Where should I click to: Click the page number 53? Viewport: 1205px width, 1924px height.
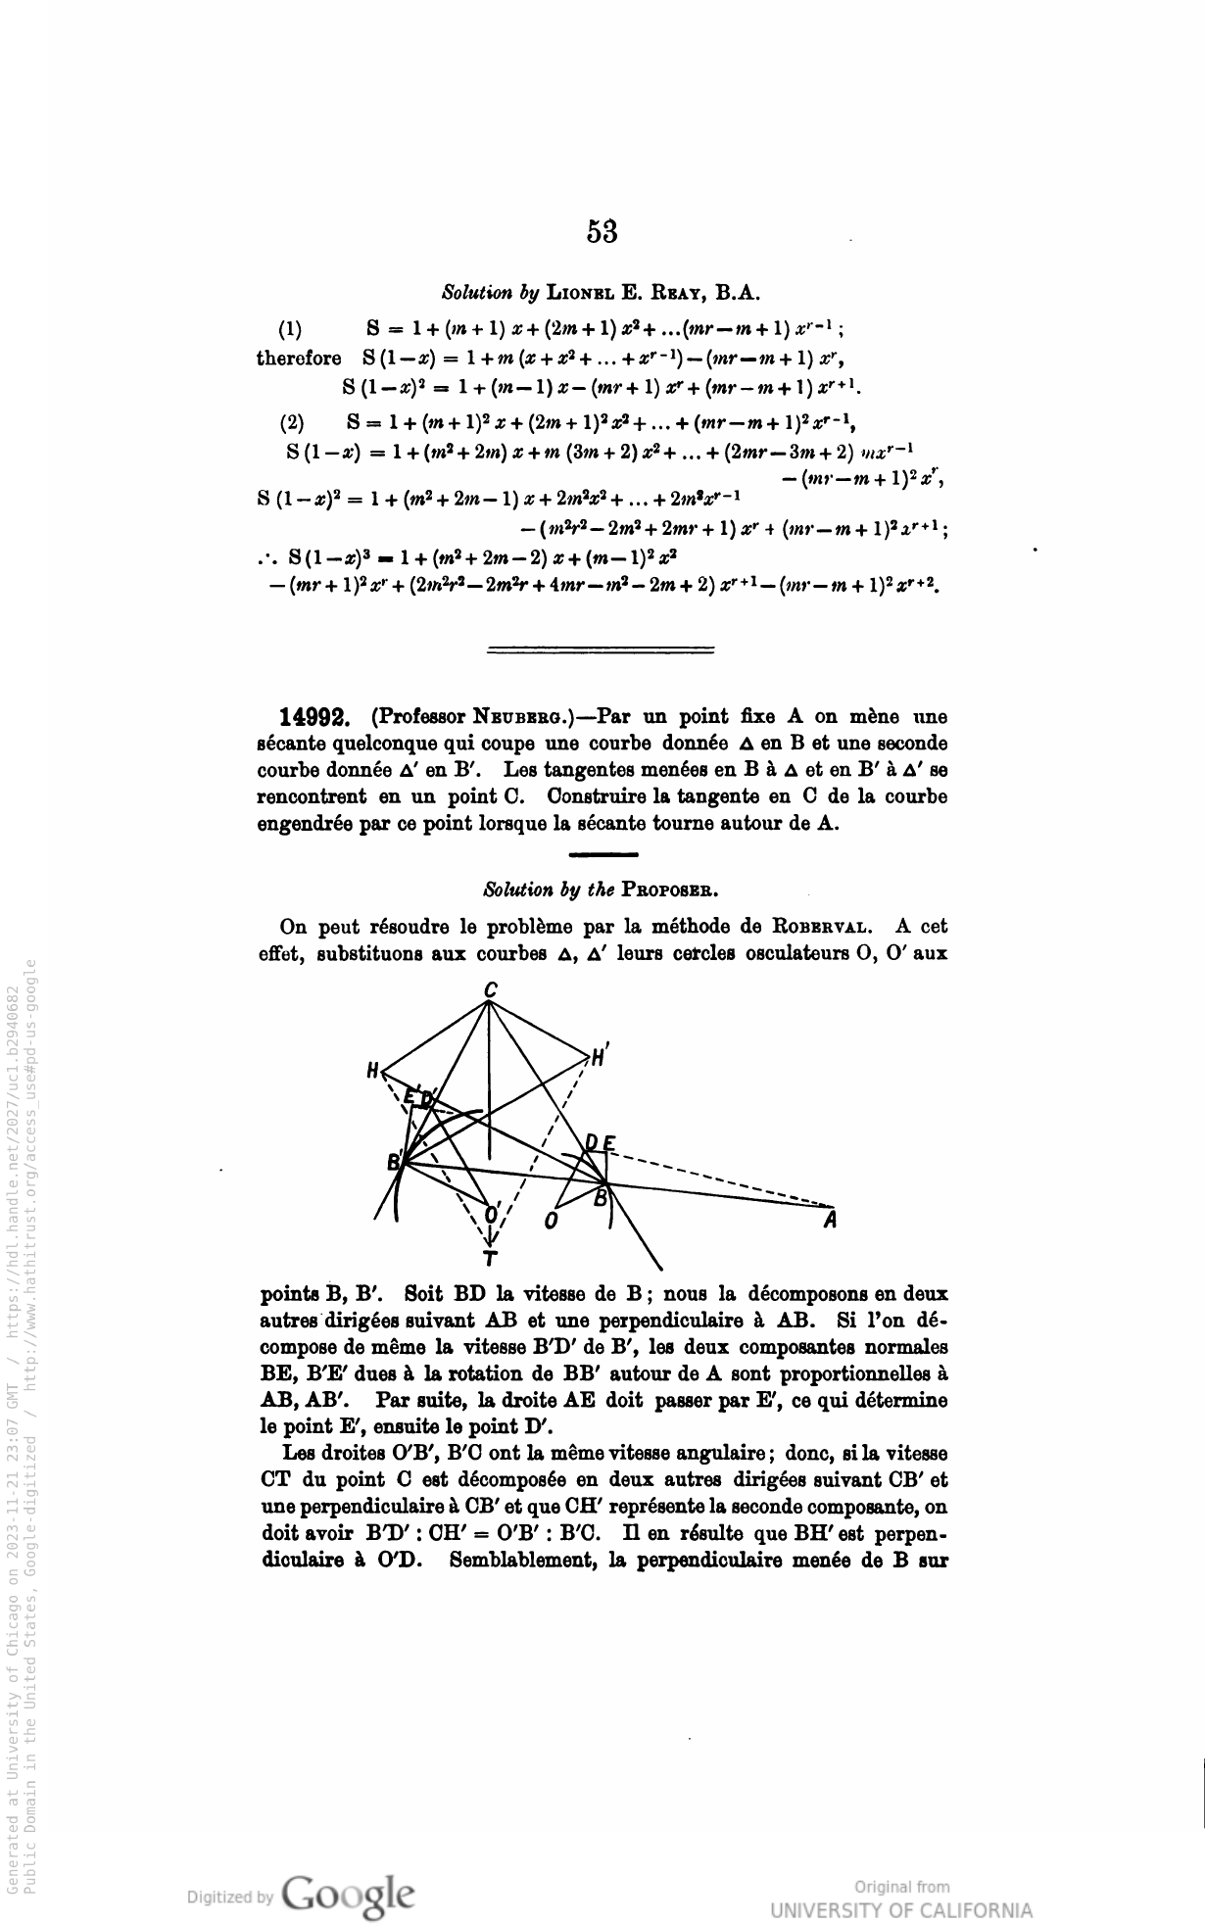pyautogui.click(x=602, y=232)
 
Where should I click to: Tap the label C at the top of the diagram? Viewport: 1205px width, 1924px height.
pyautogui.click(x=490, y=992)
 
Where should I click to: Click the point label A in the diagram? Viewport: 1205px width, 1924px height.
pyautogui.click(x=830, y=1221)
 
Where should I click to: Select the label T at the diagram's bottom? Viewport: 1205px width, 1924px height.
pyautogui.click(x=490, y=1258)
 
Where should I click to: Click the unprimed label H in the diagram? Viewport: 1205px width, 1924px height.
pyautogui.click(x=372, y=1071)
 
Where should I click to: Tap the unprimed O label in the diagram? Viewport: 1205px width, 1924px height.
pyautogui.click(x=552, y=1222)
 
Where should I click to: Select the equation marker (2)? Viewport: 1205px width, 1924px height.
pyautogui.click(x=292, y=423)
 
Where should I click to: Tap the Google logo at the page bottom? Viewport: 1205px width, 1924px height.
pyautogui.click(x=348, y=1891)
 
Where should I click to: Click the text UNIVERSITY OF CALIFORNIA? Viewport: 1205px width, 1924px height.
pyautogui.click(x=900, y=1909)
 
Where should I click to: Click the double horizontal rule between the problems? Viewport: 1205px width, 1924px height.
pyautogui.click(x=601, y=649)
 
